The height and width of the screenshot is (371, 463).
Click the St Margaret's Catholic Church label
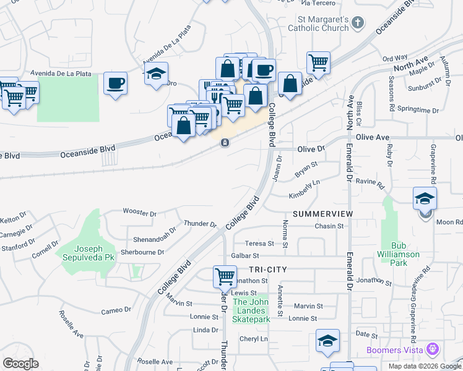pyautogui.click(x=320, y=23)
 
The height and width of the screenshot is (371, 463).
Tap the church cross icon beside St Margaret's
pyautogui.click(x=357, y=23)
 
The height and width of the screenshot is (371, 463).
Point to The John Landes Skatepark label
pyautogui.click(x=251, y=310)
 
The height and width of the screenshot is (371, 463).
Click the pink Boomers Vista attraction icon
pyautogui.click(x=432, y=350)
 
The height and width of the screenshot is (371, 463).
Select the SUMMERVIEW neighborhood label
pyautogui.click(x=322, y=213)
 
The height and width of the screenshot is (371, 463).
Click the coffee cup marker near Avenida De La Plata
pyautogui.click(x=115, y=83)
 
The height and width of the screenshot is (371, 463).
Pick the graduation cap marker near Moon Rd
pyautogui.click(x=425, y=198)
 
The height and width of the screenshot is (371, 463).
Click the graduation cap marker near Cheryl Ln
pyautogui.click(x=327, y=341)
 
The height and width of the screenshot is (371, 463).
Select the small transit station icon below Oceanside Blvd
pyautogui.click(x=225, y=143)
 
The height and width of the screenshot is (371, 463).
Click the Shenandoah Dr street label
pyautogui.click(x=155, y=238)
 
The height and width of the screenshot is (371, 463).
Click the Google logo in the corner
pyautogui.click(x=20, y=364)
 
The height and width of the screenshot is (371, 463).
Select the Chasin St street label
pyautogui.click(x=329, y=226)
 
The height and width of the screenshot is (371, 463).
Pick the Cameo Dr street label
pyautogui.click(x=116, y=309)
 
